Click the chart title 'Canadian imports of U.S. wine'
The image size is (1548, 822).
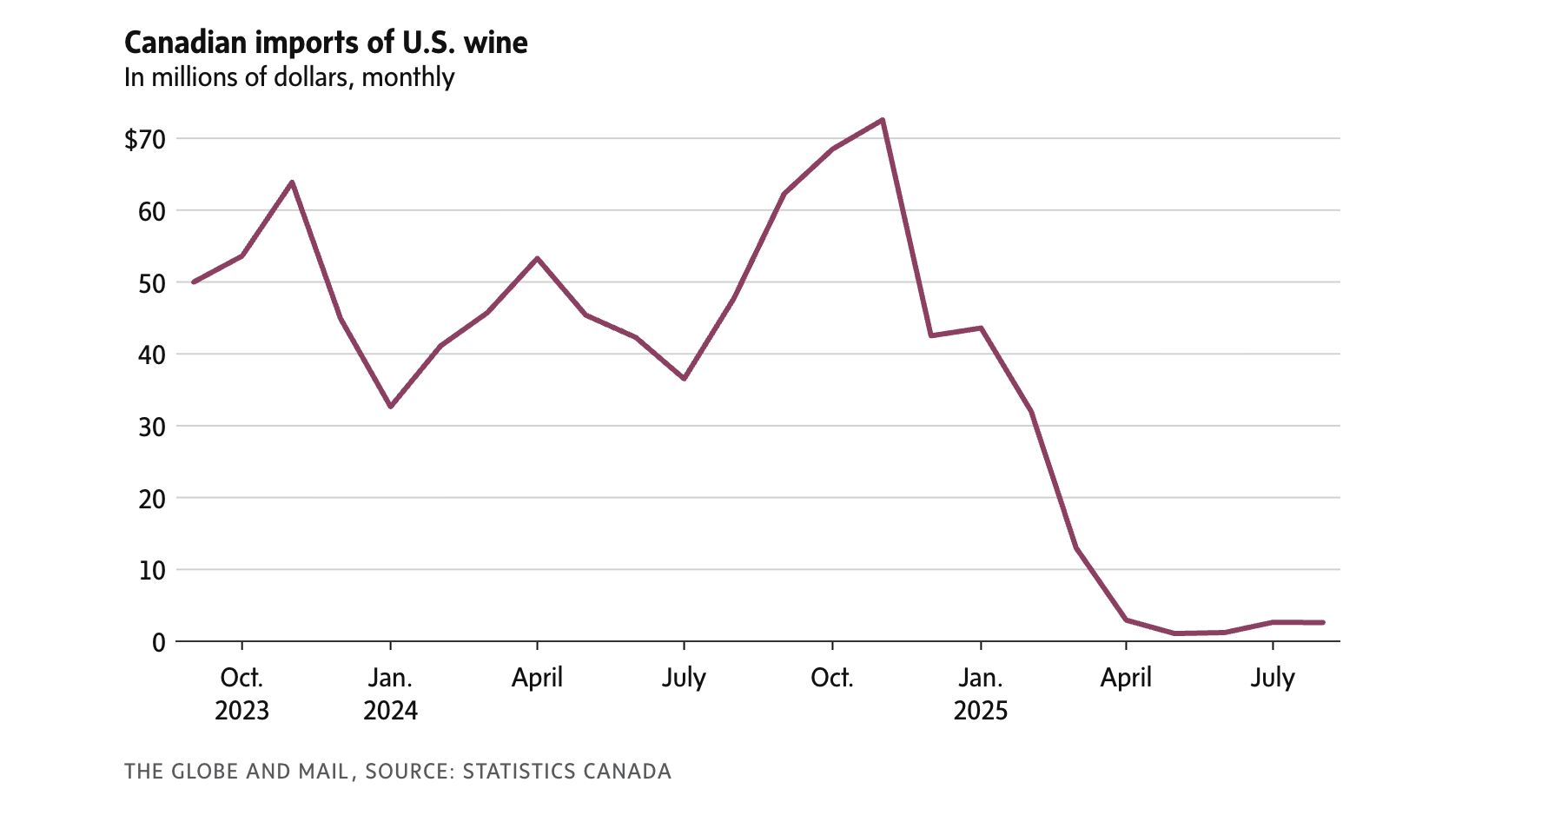point(326,43)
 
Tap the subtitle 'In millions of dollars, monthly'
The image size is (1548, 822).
point(289,77)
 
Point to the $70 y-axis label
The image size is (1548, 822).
point(144,139)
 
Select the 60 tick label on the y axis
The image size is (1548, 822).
point(151,211)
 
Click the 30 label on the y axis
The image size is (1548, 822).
point(151,427)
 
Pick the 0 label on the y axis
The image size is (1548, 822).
point(158,642)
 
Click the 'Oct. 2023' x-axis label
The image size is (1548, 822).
point(241,693)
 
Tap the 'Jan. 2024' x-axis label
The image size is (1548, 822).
point(390,693)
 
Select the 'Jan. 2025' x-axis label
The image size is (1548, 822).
point(981,693)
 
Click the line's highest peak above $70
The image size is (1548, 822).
point(883,120)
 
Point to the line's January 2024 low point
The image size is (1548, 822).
point(390,407)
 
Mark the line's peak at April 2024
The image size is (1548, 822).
point(537,258)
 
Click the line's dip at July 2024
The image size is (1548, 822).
point(685,379)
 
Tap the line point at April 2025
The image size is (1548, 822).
point(1127,620)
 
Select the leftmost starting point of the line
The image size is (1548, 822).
point(193,282)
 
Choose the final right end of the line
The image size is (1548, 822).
point(1323,622)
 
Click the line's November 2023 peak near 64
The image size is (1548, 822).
point(292,182)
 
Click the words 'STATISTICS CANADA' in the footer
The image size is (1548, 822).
point(566,772)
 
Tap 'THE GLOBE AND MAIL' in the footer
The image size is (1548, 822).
point(236,772)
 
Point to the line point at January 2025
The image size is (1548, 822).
point(981,328)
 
